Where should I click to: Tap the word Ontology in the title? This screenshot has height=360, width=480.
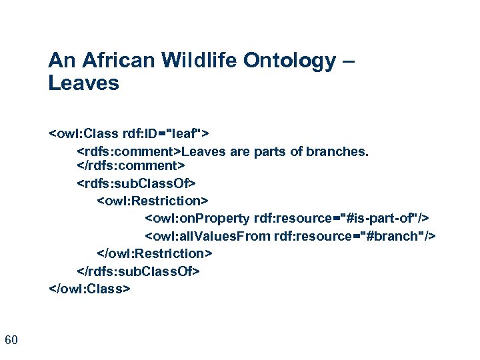click(291, 61)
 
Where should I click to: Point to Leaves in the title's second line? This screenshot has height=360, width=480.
click(83, 84)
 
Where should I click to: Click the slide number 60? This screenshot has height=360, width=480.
click(11, 341)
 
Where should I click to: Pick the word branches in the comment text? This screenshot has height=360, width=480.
click(337, 151)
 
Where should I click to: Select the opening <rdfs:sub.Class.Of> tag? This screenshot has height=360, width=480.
click(137, 182)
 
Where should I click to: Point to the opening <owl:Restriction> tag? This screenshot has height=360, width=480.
click(153, 200)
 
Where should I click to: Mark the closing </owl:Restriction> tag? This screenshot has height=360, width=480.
click(155, 253)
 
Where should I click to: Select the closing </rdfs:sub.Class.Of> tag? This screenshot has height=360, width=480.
click(139, 271)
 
